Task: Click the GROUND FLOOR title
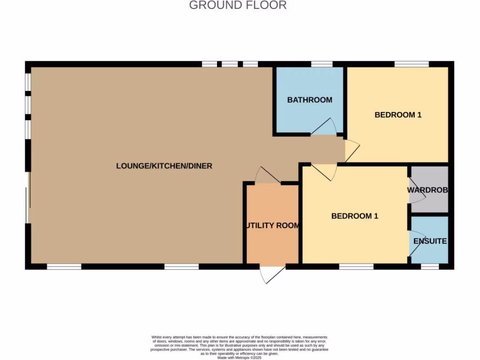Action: (x=238, y=6)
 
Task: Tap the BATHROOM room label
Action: (x=309, y=100)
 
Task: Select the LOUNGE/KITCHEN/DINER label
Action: (x=164, y=166)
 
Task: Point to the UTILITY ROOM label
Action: (x=272, y=225)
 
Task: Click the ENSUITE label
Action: (x=430, y=241)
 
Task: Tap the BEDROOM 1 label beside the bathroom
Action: (x=398, y=115)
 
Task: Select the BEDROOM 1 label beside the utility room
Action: (x=354, y=216)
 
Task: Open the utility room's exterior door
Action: (x=272, y=274)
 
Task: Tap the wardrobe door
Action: (x=416, y=191)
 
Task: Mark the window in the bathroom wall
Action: (x=322, y=64)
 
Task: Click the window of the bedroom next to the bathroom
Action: (x=412, y=64)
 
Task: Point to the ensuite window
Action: (x=429, y=267)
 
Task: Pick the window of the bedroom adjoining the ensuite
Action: (x=356, y=267)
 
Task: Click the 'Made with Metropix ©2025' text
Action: (x=240, y=358)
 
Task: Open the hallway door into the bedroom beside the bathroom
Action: (x=352, y=150)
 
